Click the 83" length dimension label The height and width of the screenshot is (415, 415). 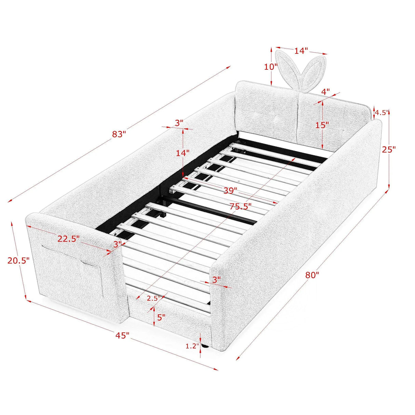(119, 134)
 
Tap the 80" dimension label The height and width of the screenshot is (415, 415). (312, 275)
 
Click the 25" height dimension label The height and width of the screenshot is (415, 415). (389, 149)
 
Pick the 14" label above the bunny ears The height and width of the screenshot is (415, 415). (301, 51)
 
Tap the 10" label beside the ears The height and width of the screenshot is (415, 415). (271, 67)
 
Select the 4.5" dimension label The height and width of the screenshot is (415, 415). (382, 112)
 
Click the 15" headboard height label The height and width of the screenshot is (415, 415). (322, 125)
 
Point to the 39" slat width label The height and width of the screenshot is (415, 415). (230, 190)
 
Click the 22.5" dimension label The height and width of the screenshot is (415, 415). (68, 239)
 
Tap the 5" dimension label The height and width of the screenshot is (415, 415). (161, 317)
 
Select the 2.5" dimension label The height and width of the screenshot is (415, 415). (153, 298)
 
